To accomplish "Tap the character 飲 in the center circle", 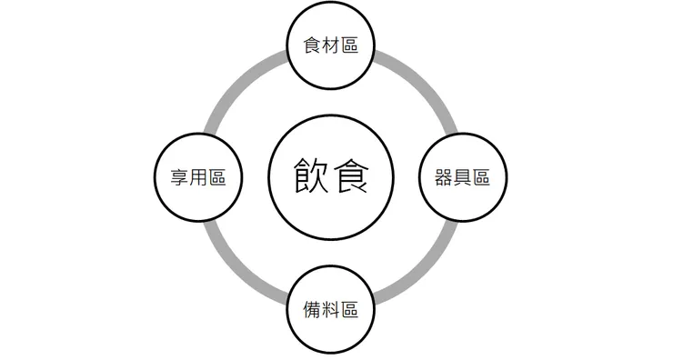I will pyautogui.click(x=311, y=175).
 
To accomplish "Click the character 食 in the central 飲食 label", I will pyautogui.click(x=352, y=175).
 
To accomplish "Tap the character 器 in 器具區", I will pyautogui.click(x=444, y=177).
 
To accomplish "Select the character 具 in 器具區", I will pyautogui.click(x=462, y=177).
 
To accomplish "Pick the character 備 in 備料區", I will pyautogui.click(x=312, y=309).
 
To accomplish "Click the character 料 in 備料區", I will pyautogui.click(x=331, y=309).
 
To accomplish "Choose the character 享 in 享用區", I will pyautogui.click(x=180, y=177).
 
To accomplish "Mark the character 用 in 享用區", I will pyautogui.click(x=199, y=177).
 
